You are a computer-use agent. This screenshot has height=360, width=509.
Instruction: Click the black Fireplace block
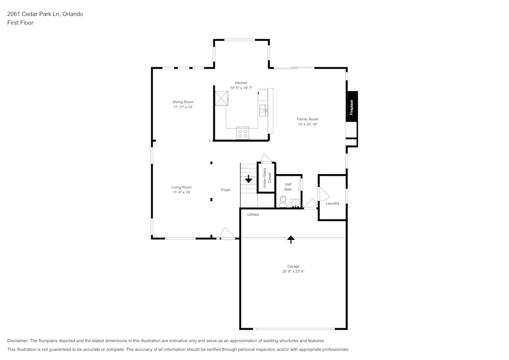point(352,106)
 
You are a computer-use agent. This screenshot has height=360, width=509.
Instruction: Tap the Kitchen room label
point(241,83)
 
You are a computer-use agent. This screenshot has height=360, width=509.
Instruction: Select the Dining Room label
point(183,102)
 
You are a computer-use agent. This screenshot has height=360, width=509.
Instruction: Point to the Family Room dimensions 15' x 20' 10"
point(307,124)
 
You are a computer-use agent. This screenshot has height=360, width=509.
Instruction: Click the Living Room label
point(181,187)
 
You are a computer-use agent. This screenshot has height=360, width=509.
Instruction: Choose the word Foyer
point(225,190)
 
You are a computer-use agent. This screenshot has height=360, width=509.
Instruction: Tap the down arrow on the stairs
point(248,179)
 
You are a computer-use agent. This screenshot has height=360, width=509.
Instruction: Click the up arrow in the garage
point(291,239)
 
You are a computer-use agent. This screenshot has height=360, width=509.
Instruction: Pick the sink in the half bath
point(296,203)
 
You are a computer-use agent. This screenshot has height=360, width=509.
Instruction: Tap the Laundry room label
point(332,204)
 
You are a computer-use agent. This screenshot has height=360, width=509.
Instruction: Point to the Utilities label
point(253,214)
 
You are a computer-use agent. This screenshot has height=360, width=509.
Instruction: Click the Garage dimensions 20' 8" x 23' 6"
point(293,271)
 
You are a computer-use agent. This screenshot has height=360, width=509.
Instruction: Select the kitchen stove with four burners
point(243,133)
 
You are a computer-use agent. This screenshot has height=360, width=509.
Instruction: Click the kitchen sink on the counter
point(264,109)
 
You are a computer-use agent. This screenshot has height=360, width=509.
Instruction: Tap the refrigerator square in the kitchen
point(221,97)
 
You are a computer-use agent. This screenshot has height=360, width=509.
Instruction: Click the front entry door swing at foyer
point(227,234)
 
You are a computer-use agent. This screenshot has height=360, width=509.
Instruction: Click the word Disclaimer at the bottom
point(18,341)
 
